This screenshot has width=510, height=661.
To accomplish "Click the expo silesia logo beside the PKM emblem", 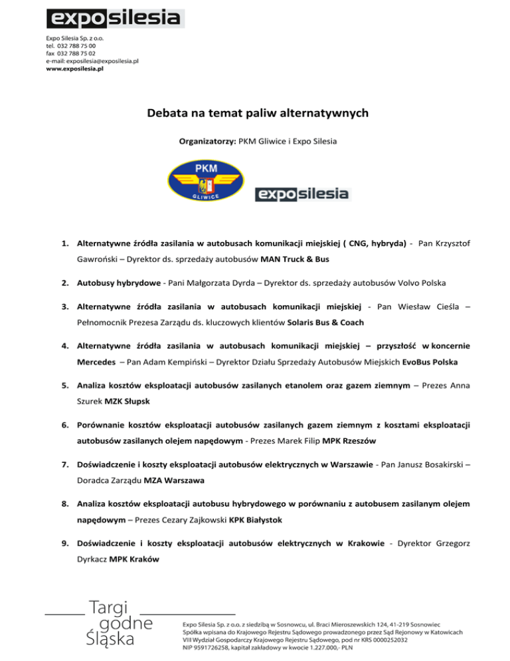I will coord(303,194).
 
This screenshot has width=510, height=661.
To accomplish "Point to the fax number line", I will coord(70,53).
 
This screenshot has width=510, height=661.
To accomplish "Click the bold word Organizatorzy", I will coord(205,142).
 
